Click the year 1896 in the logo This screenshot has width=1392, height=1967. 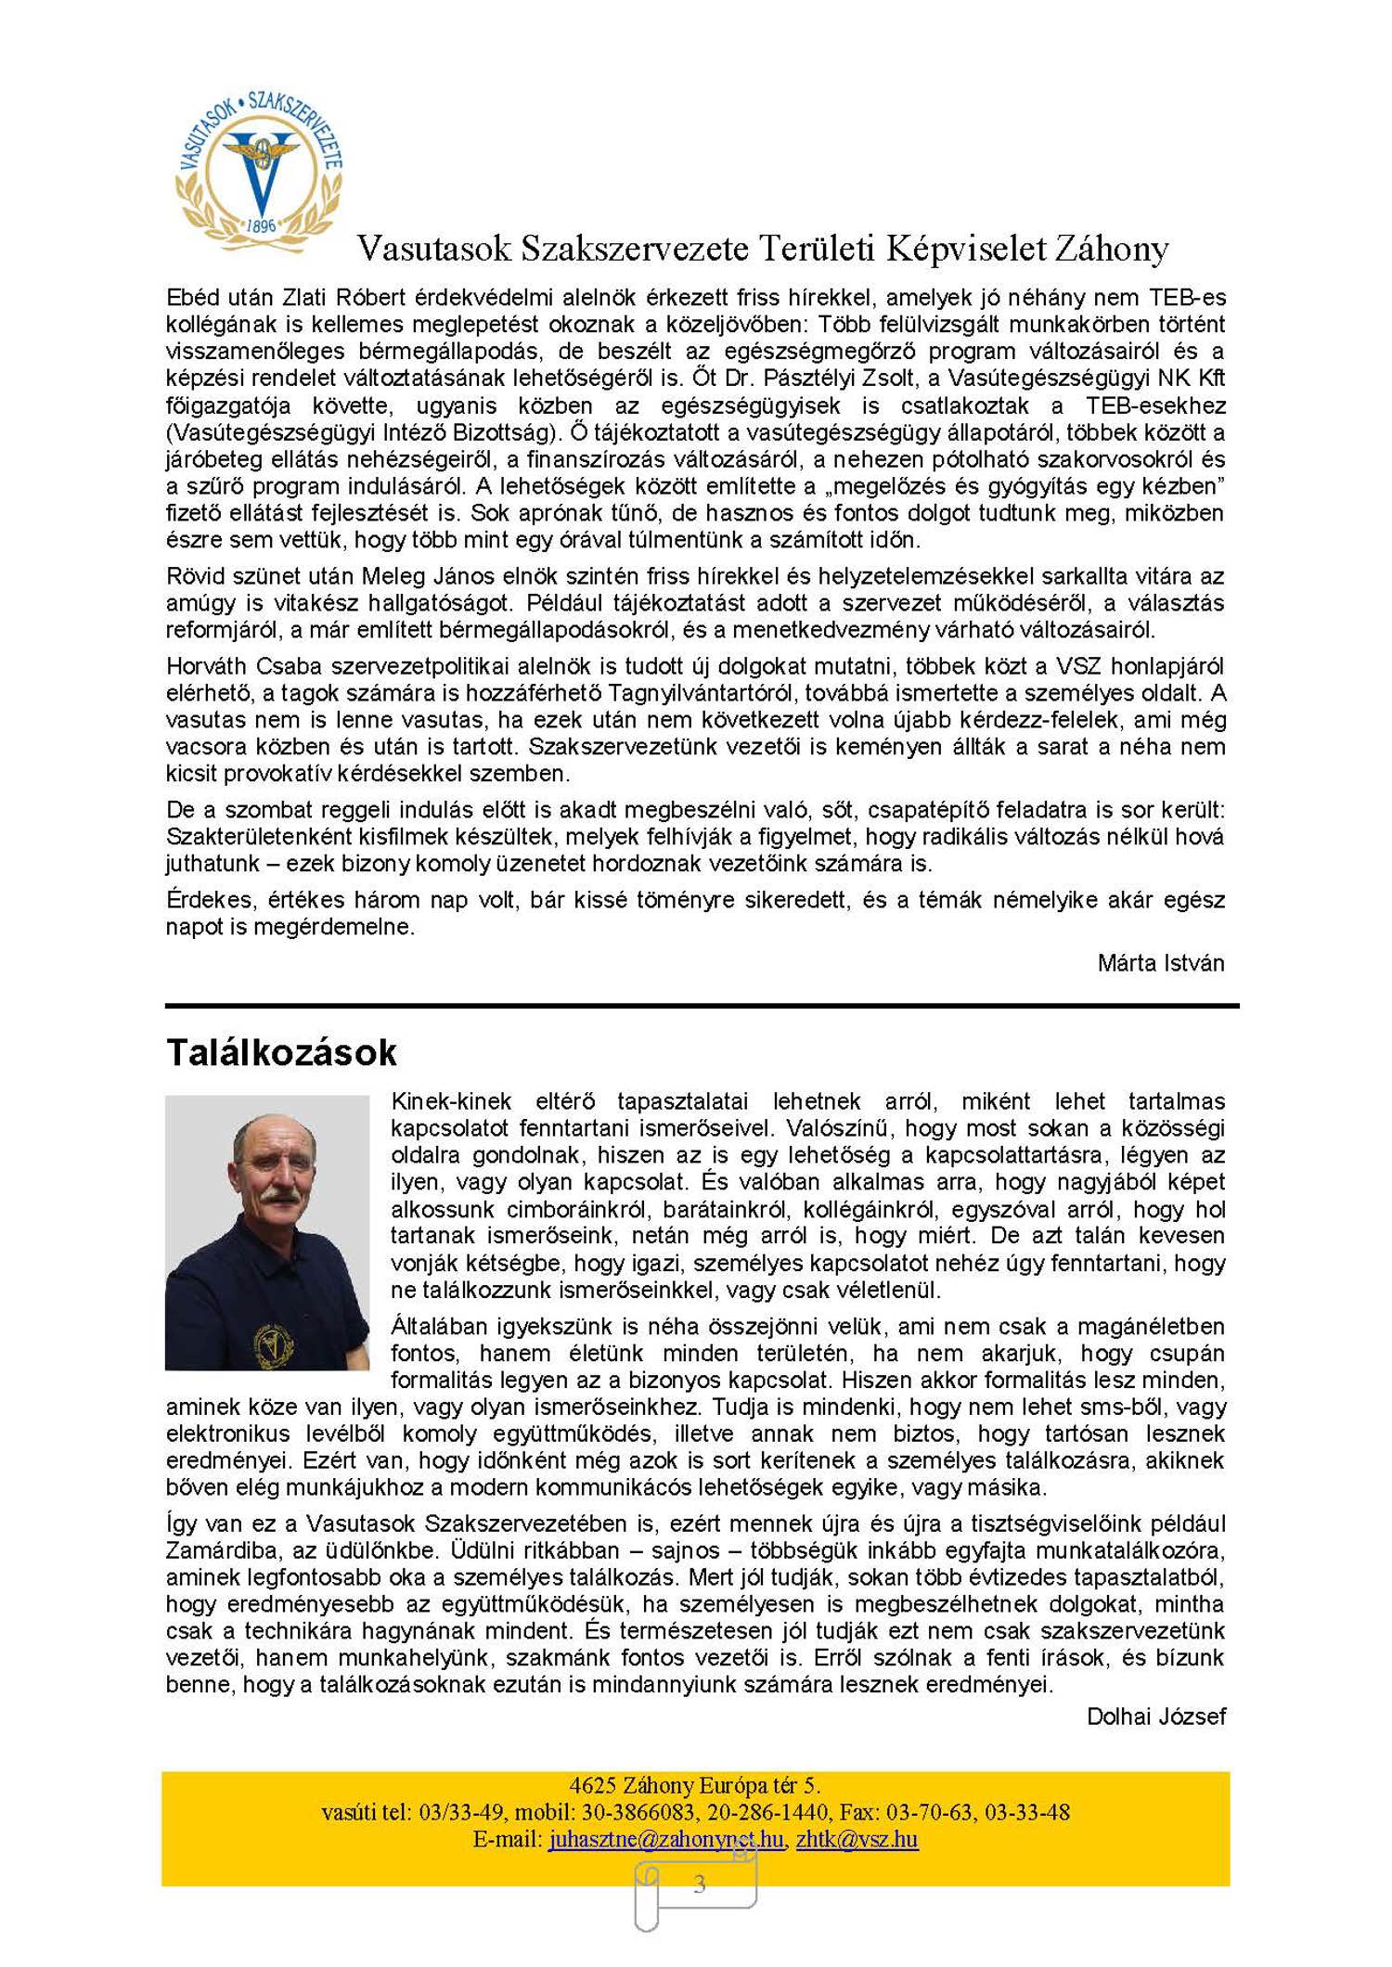[x=262, y=225]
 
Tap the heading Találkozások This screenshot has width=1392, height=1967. [x=281, y=1053]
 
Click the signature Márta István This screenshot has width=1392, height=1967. [x=1160, y=963]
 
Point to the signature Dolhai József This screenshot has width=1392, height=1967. [x=1155, y=1716]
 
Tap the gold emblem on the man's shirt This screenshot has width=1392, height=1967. [x=274, y=1343]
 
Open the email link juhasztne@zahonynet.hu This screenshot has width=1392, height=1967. [x=665, y=1840]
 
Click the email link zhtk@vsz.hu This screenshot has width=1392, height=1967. [x=857, y=1840]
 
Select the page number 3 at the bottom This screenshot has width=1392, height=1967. [x=699, y=1883]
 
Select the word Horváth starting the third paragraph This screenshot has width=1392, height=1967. [x=208, y=666]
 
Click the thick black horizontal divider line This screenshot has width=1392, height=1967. [x=702, y=1006]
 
